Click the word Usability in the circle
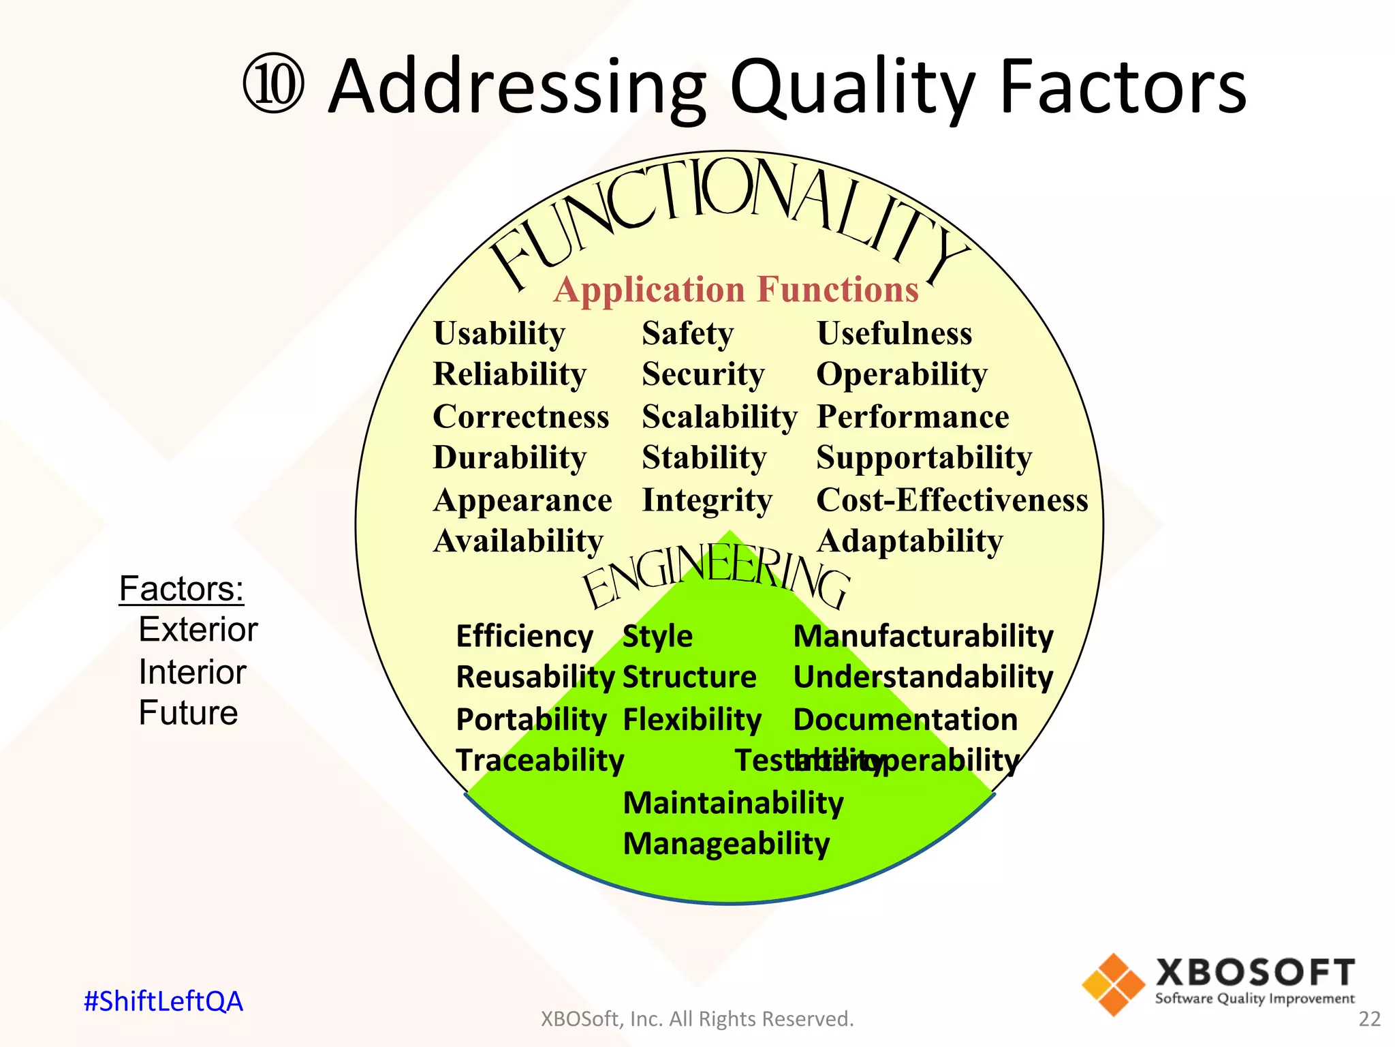tap(499, 334)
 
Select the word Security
tap(703, 375)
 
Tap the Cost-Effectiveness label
tap(952, 500)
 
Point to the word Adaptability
tap(909, 542)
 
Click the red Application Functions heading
tap(736, 290)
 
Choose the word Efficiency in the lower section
tap(524, 637)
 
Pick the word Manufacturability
tap(923, 637)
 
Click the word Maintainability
tap(733, 803)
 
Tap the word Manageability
tap(726, 844)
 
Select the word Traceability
tap(539, 761)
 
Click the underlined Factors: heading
tap(181, 588)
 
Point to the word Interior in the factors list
tap(192, 672)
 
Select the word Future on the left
tap(188, 713)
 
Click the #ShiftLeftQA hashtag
tap(163, 1001)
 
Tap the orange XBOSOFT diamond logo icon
tap(1113, 984)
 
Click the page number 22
tap(1369, 1019)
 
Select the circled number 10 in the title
tap(273, 86)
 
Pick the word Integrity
tap(707, 501)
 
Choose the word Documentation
tap(905, 720)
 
